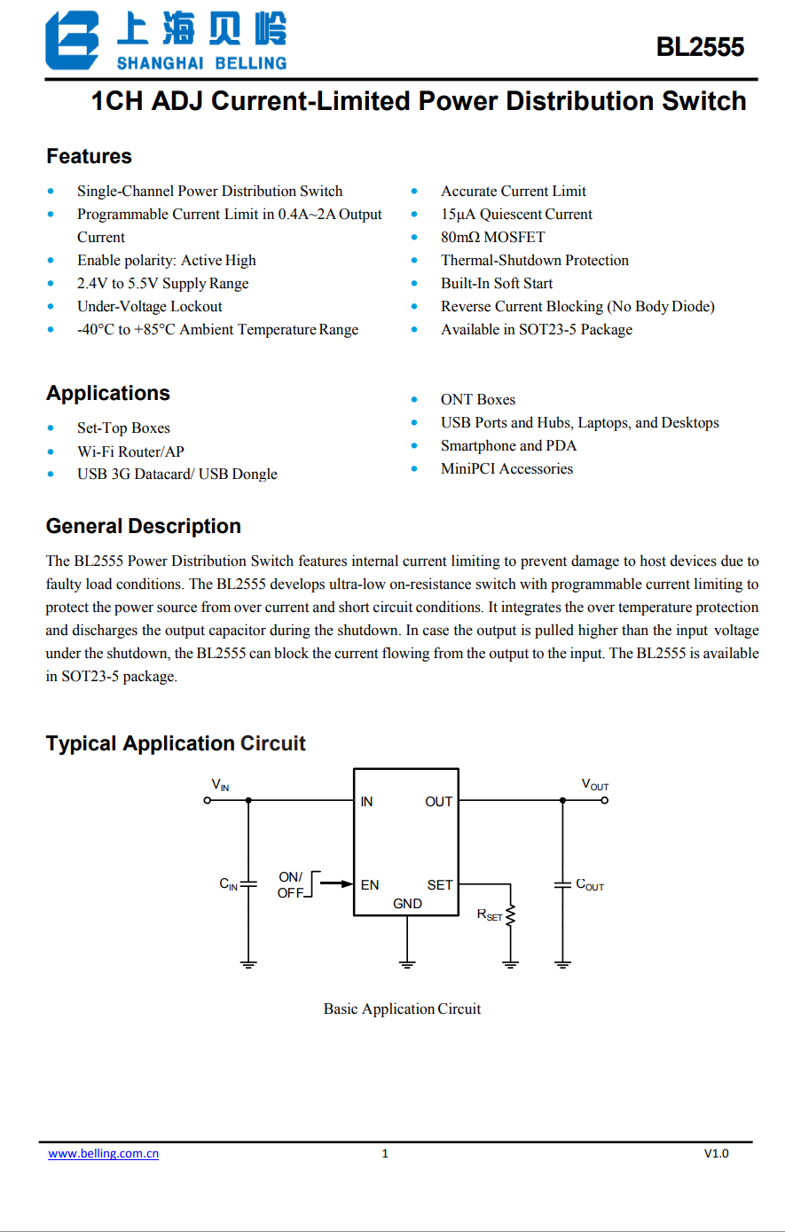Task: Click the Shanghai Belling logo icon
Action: pos(72,41)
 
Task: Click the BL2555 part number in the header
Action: pos(700,47)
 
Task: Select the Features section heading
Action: pos(89,157)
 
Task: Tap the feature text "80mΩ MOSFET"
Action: pos(492,237)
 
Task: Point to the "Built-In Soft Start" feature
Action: pos(497,283)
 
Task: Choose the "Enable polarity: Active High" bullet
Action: pos(166,260)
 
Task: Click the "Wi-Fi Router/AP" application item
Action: pos(130,451)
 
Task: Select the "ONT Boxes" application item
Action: pos(477,399)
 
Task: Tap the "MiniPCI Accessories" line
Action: pos(506,468)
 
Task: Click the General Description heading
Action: pos(143,526)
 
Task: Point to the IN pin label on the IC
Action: pos(366,802)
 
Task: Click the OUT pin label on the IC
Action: pos(438,802)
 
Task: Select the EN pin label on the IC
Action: pos(369,885)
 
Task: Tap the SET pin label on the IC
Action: pos(439,885)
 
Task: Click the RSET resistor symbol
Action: pos(511,916)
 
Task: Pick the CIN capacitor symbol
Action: pos(248,884)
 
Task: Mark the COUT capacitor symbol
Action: pos(562,884)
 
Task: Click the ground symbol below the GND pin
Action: pos(407,962)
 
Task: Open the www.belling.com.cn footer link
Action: pos(103,1153)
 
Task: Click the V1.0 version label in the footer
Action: pos(716,1153)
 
